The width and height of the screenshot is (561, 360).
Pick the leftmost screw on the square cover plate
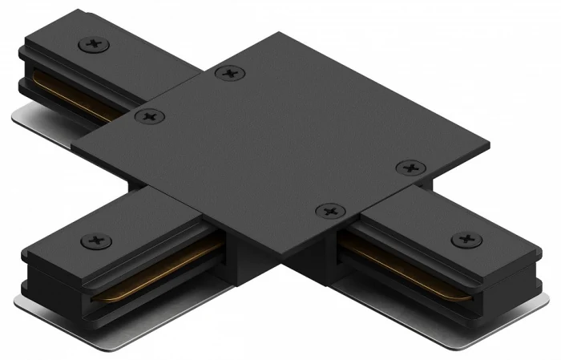pos(148,117)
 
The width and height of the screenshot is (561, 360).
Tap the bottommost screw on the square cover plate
pos(329,211)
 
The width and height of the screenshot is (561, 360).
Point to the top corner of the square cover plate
pos(277,34)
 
